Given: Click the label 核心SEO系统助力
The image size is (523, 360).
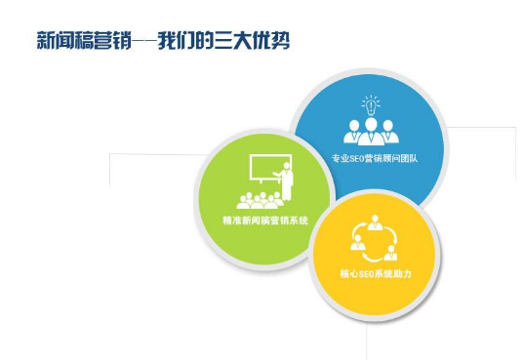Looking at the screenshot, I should (376, 276).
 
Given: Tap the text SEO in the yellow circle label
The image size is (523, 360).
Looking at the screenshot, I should (366, 276).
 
